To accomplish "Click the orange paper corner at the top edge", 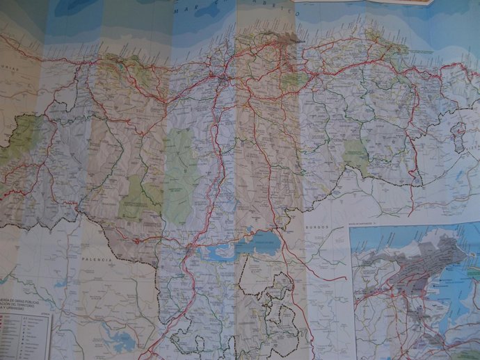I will (x=417, y=3).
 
